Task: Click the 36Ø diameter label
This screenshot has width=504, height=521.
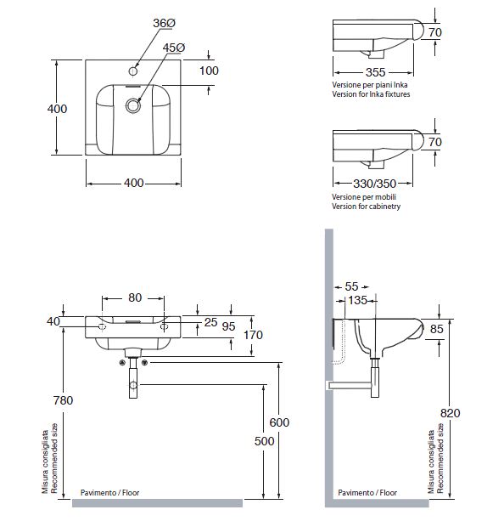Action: pos(165,23)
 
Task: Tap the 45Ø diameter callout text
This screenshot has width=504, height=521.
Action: pos(174,48)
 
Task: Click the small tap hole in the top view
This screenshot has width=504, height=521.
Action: pos(132,71)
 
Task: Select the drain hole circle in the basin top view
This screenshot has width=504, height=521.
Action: pos(133,105)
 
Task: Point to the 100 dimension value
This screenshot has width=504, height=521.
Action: pos(209,71)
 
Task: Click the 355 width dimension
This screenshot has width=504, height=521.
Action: pos(375,72)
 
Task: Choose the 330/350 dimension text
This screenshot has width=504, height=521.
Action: pos(374,184)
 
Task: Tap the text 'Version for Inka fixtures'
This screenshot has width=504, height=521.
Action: pos(371,94)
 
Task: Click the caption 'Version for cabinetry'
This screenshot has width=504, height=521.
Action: pos(366,207)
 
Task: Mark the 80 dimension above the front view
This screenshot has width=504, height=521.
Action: pos(135,297)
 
